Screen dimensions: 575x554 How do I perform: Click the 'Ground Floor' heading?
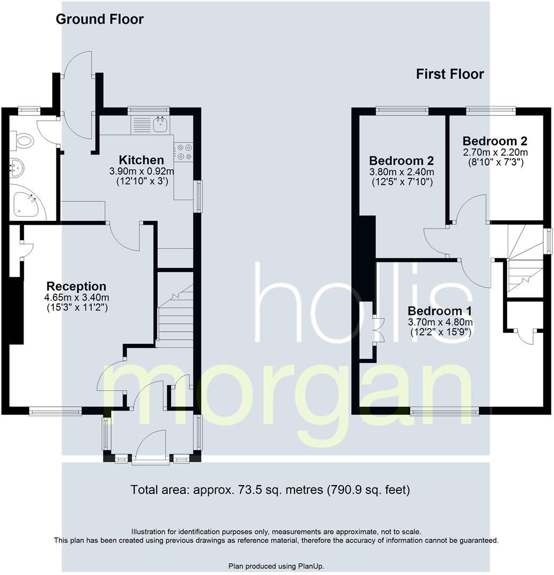coord(100,20)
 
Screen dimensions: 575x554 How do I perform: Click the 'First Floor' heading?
coord(450,74)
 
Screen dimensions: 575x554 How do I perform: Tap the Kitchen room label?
coord(141,160)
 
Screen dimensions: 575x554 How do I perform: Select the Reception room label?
coord(76,286)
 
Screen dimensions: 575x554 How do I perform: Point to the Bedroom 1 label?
coord(440,311)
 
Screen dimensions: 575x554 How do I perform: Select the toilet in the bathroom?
coord(23,142)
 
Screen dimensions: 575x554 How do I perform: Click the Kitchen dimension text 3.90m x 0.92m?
coord(142,171)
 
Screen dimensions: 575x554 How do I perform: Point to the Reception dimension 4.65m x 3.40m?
coord(77,297)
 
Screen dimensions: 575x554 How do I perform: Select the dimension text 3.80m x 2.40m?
coord(402,172)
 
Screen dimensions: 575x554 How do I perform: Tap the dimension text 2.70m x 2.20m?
coord(495,152)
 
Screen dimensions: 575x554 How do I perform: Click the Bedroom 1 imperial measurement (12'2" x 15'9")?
coord(440,332)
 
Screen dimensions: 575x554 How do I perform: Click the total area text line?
coord(270,489)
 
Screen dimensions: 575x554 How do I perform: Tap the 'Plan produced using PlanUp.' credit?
coord(276,566)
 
